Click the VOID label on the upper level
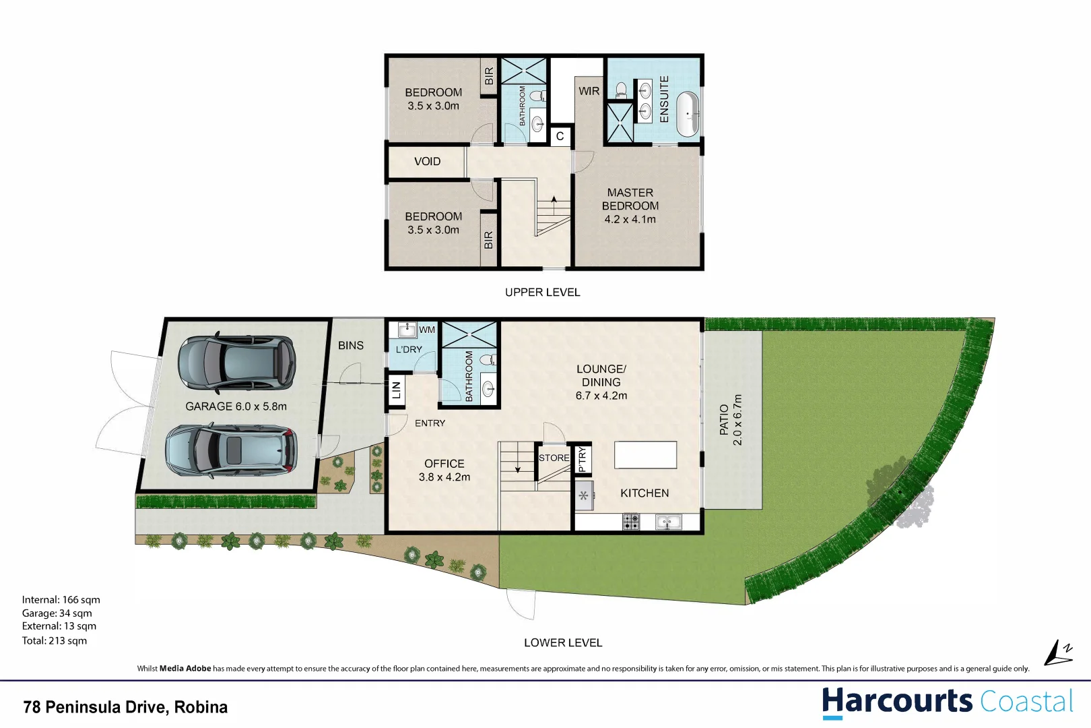tap(427, 162)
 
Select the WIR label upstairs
tap(589, 91)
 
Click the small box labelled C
tap(560, 136)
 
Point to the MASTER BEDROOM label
tap(630, 206)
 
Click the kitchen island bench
tap(645, 454)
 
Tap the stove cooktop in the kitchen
tap(631, 521)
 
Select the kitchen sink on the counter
tap(668, 521)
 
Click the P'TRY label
tap(583, 459)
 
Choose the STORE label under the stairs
tap(554, 458)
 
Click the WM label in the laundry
tap(427, 330)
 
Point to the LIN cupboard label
tap(396, 390)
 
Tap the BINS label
tap(350, 345)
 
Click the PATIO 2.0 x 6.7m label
tap(731, 420)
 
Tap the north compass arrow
tap(1058, 653)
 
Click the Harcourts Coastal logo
tap(947, 702)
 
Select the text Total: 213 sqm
tap(55, 640)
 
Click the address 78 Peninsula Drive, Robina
tap(125, 707)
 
